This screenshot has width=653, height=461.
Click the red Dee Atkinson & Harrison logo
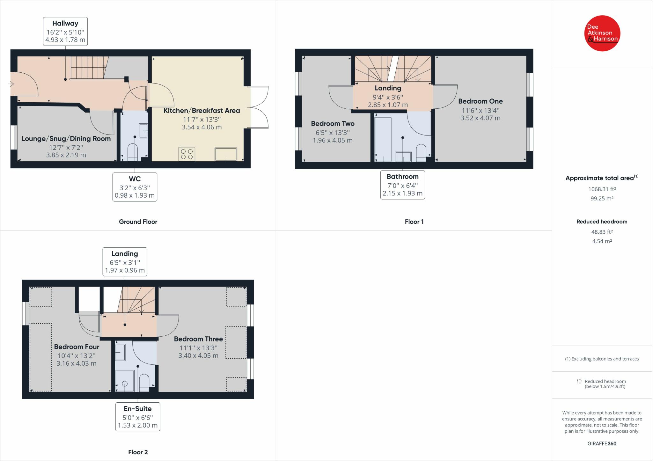[602, 33]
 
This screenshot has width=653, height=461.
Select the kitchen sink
[226, 154]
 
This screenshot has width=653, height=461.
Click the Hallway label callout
[65, 31]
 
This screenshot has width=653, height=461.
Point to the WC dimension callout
[135, 187]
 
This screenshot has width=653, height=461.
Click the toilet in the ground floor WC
[132, 152]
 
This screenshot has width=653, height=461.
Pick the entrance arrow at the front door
[11, 84]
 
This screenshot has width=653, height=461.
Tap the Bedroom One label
[481, 101]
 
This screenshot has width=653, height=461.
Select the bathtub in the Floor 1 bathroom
[383, 139]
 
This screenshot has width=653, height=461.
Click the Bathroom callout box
[403, 185]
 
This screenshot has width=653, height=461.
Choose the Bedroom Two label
[333, 123]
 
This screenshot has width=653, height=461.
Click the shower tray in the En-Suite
[125, 381]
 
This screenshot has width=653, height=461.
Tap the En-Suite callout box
[138, 417]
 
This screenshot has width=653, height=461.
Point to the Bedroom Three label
[198, 339]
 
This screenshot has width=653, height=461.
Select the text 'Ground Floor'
[138, 222]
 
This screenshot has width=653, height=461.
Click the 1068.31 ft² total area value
[602, 189]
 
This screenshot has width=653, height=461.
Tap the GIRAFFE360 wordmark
[602, 443]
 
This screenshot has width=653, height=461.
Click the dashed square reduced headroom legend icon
[579, 381]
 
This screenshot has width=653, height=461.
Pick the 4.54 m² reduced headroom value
[602, 241]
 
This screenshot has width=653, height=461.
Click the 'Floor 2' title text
[138, 452]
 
